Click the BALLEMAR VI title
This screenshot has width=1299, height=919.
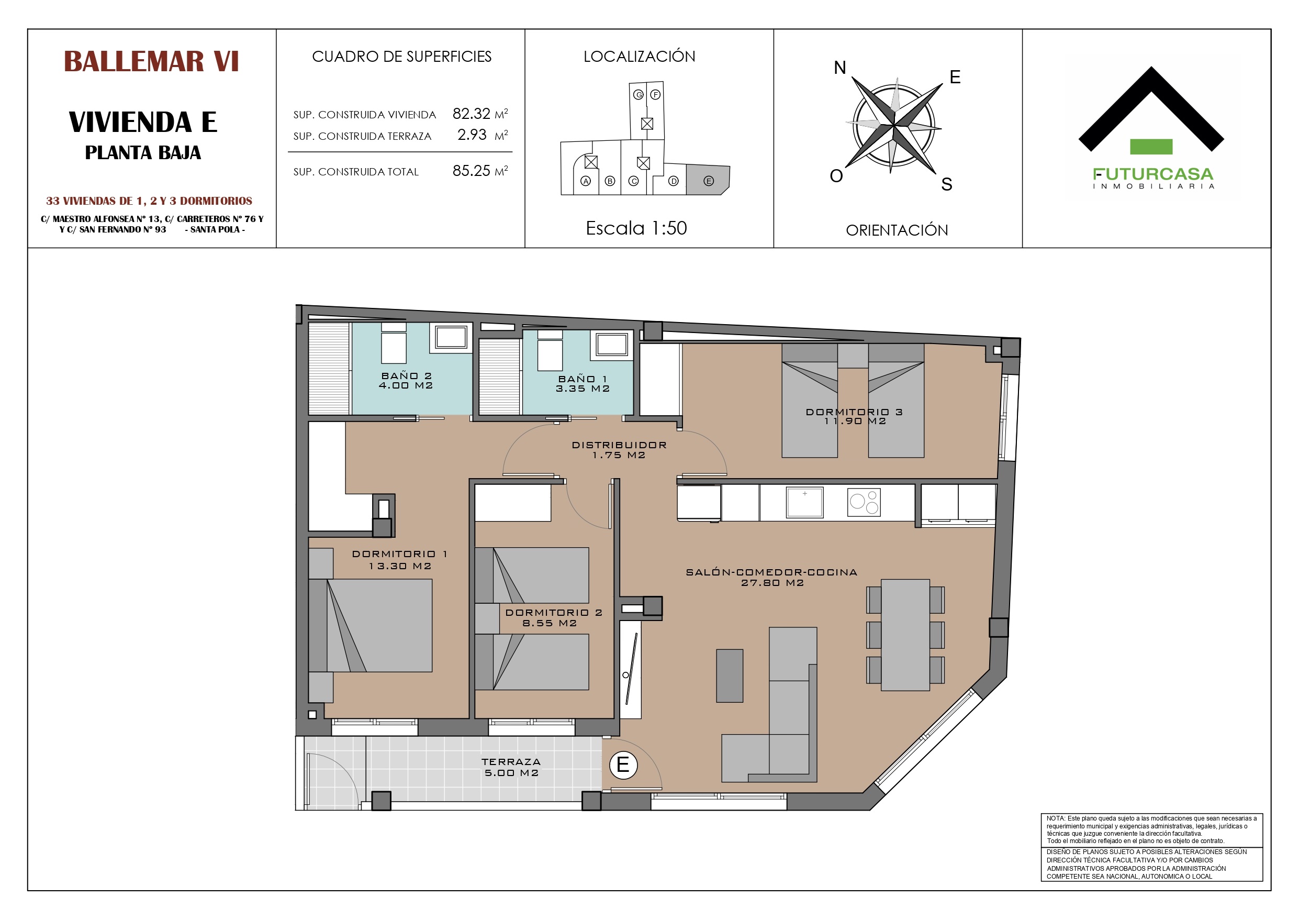click(x=151, y=61)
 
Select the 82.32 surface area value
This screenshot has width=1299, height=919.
click(x=471, y=114)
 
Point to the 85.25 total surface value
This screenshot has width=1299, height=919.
click(x=471, y=171)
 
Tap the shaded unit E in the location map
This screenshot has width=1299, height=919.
click(x=708, y=180)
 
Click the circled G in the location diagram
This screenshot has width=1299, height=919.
click(x=638, y=95)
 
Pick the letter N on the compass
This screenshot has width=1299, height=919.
click(x=839, y=68)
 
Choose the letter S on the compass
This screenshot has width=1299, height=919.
click(x=947, y=184)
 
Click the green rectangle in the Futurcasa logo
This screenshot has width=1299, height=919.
click(x=1151, y=147)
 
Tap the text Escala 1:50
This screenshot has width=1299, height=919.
click(x=636, y=228)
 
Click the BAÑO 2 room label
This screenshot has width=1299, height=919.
click(x=406, y=375)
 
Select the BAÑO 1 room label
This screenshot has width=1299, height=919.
click(x=583, y=379)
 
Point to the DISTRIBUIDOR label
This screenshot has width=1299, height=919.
click(x=620, y=445)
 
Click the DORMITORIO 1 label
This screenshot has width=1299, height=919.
click(x=400, y=554)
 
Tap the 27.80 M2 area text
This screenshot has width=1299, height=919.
click(x=772, y=583)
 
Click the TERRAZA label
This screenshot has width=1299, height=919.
click(x=511, y=762)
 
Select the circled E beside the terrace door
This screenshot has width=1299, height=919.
click(x=623, y=765)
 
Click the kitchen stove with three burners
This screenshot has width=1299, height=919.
click(x=864, y=502)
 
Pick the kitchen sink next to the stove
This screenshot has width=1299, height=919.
click(x=804, y=502)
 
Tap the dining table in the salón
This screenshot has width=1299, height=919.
click(x=905, y=635)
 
